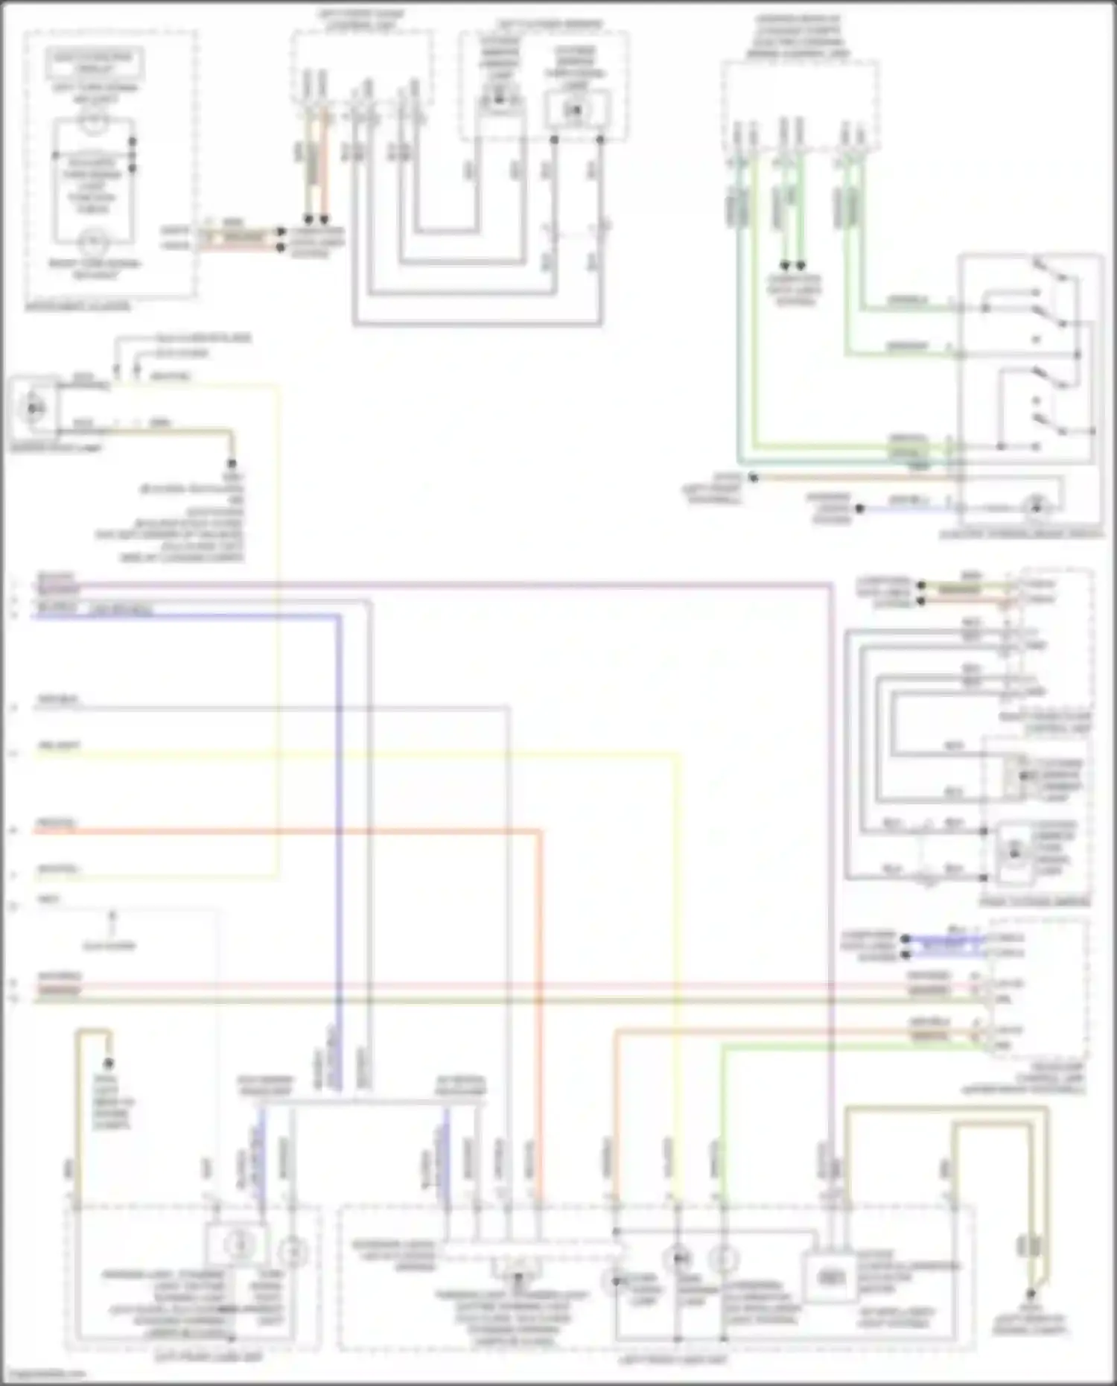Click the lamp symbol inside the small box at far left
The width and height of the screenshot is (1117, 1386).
click(x=34, y=408)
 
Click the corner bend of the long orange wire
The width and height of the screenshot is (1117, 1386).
click(x=540, y=830)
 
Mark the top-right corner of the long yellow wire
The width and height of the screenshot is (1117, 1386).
click(x=678, y=755)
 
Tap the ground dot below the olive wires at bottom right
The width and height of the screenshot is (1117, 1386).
click(x=1032, y=1294)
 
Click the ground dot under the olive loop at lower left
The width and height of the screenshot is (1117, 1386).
click(x=109, y=1063)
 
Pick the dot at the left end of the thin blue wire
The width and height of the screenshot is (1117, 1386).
click(x=860, y=509)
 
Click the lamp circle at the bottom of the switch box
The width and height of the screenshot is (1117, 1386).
click(x=1035, y=509)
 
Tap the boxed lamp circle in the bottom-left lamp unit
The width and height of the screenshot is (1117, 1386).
click(x=238, y=1242)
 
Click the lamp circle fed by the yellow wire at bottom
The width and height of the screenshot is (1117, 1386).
click(x=678, y=1259)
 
